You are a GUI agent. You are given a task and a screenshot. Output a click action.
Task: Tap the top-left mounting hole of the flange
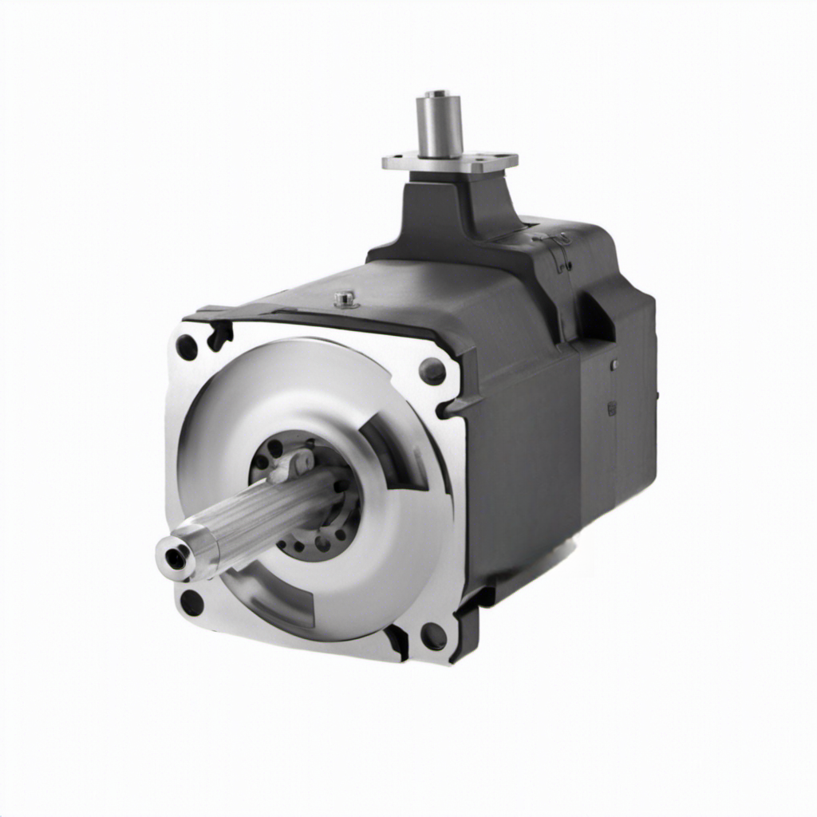click(x=187, y=347)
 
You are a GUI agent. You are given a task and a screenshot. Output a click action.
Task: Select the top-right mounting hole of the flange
click(x=432, y=371)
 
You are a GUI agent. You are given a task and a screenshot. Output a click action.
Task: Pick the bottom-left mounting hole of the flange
click(x=191, y=602)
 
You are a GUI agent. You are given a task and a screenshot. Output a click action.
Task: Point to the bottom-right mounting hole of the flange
click(x=433, y=636)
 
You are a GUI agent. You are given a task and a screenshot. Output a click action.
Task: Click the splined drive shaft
click(x=255, y=519)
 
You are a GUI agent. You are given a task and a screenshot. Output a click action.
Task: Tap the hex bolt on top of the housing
click(x=345, y=299)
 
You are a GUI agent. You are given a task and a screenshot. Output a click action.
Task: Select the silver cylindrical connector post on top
click(x=440, y=124)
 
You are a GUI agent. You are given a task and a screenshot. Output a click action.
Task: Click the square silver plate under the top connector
click(x=450, y=163)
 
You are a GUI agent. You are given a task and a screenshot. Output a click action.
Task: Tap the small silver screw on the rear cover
click(x=614, y=365)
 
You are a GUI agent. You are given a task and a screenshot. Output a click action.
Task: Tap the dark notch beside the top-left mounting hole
click(x=219, y=336)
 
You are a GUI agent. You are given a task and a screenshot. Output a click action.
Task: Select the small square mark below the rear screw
click(x=612, y=408)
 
